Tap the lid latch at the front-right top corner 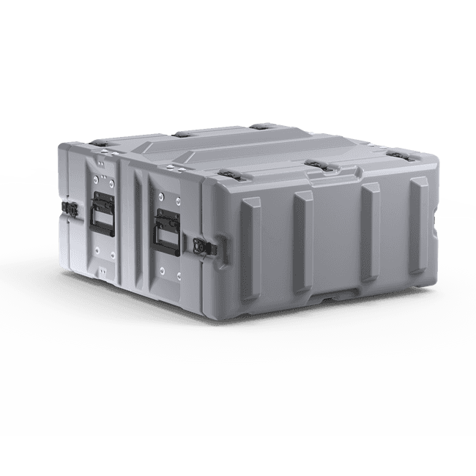(398, 156)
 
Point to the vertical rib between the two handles (134, 220)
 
